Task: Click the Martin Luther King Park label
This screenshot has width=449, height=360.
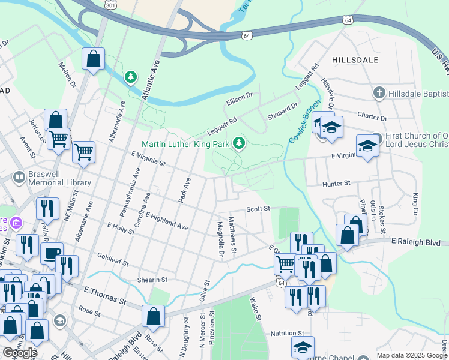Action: pos(186,145)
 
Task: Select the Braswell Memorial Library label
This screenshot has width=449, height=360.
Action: pos(59,178)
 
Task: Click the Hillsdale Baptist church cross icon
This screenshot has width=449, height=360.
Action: pos(379,93)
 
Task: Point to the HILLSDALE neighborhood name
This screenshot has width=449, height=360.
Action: pos(355,60)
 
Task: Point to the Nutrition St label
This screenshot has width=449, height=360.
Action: pos(287,333)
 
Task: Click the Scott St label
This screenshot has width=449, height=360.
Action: pos(259,209)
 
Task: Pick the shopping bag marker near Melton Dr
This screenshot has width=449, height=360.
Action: pos(94,59)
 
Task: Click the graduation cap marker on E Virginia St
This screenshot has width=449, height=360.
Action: pos(367,145)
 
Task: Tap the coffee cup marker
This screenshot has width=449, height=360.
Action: pos(52,253)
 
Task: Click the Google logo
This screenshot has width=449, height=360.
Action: pos(20,353)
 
